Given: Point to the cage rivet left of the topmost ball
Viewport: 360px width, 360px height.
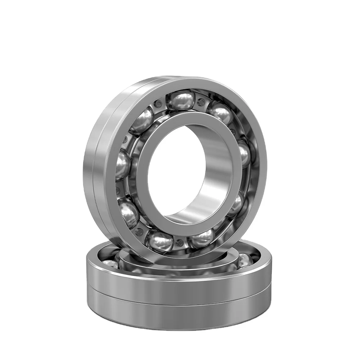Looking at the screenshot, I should tap(157, 105).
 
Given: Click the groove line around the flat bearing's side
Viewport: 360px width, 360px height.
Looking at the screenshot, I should tap(180, 295).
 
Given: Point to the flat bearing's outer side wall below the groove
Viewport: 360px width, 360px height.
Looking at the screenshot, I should tap(180, 310).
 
